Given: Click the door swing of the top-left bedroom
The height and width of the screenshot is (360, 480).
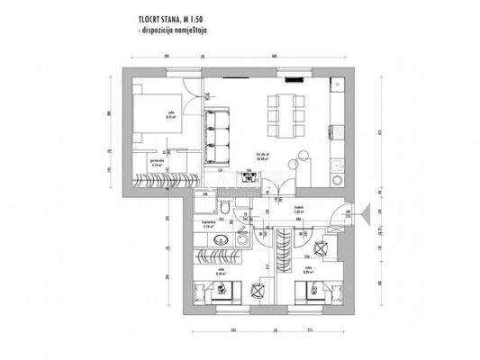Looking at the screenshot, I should [x=190, y=94].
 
